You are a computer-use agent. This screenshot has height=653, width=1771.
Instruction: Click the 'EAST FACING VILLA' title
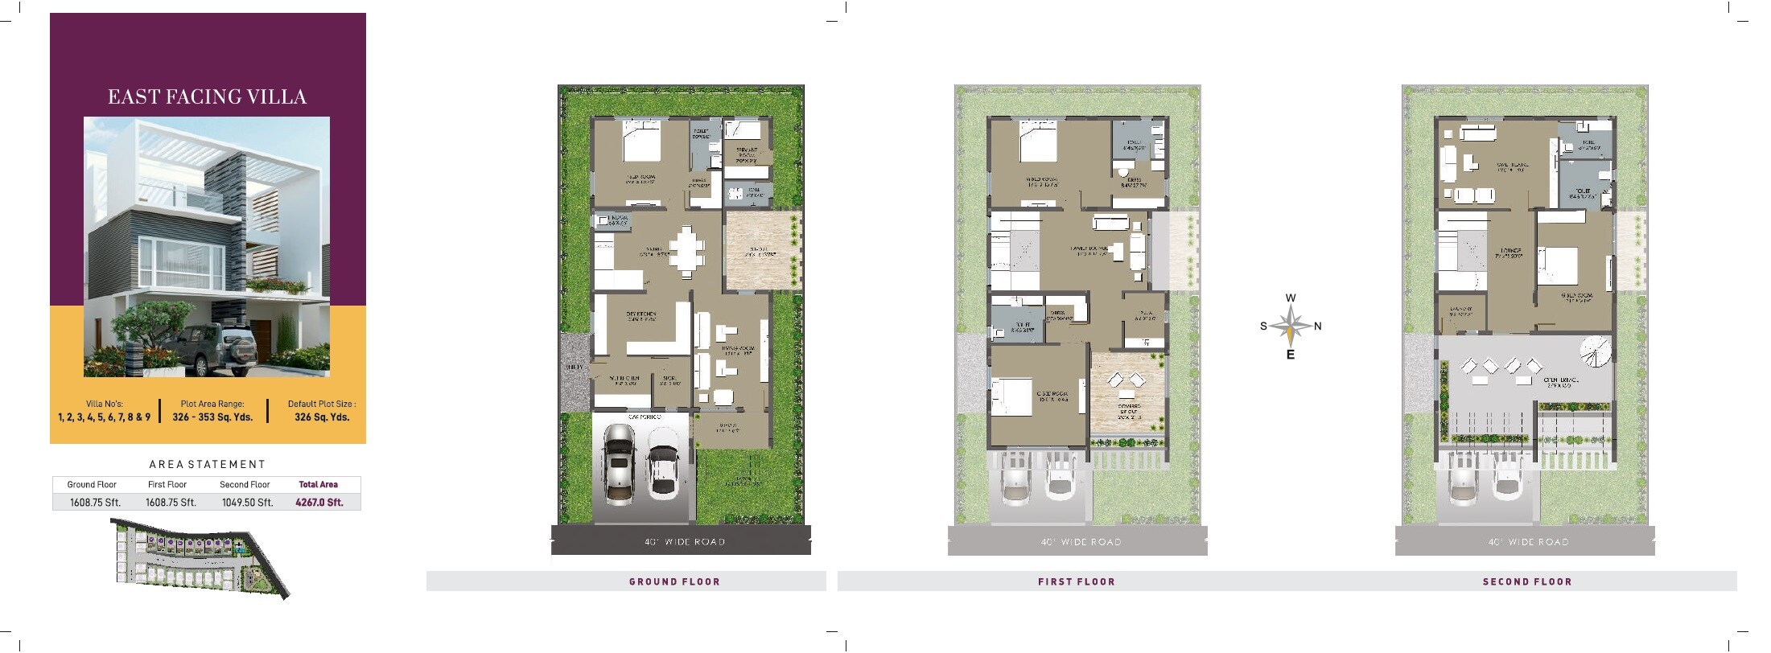(207, 97)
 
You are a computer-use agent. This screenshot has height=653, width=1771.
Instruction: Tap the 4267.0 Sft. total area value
(319, 503)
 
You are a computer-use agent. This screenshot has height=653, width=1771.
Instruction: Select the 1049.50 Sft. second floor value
(247, 503)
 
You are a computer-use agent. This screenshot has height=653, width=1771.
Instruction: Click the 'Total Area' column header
(319, 484)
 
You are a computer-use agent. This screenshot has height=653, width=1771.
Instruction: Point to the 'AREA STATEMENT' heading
(207, 464)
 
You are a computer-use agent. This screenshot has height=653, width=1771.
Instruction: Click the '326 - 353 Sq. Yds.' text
(212, 417)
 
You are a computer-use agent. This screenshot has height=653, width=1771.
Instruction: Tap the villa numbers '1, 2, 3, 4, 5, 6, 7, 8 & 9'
(104, 417)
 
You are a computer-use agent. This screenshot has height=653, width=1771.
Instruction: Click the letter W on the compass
(1291, 298)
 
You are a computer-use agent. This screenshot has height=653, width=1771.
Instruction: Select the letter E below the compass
(1291, 355)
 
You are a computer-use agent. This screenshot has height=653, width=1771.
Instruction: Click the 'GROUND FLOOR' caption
(674, 581)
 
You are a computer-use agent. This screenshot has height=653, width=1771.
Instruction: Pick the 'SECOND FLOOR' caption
(1527, 581)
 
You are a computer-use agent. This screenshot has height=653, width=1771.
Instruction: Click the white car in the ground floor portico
(662, 472)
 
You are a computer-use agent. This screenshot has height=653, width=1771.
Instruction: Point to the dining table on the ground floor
(685, 252)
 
